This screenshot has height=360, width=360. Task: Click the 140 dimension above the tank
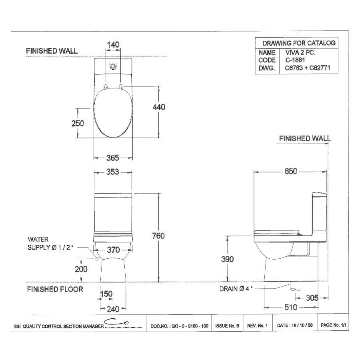pyautogui.click(x=114, y=44)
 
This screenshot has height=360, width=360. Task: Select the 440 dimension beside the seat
pyautogui.click(x=159, y=107)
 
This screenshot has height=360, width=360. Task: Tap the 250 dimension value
pyautogui.click(x=78, y=123)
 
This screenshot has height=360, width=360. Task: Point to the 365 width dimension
pyautogui.click(x=113, y=158)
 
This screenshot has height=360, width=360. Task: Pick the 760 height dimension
pyautogui.click(x=159, y=236)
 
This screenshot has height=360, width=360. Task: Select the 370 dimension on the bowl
pyautogui.click(x=114, y=250)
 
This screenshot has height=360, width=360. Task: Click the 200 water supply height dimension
pyautogui.click(x=82, y=269)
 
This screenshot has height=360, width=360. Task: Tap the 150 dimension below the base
pyautogui.click(x=106, y=294)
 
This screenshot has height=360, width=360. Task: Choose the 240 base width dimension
pyautogui.click(x=113, y=309)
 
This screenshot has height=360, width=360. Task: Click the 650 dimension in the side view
pyautogui.click(x=291, y=171)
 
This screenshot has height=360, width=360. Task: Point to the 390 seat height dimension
pyautogui.click(x=227, y=259)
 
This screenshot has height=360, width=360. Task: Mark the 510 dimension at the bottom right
pyautogui.click(x=290, y=308)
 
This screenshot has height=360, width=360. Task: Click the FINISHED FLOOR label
pyautogui.click(x=55, y=289)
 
